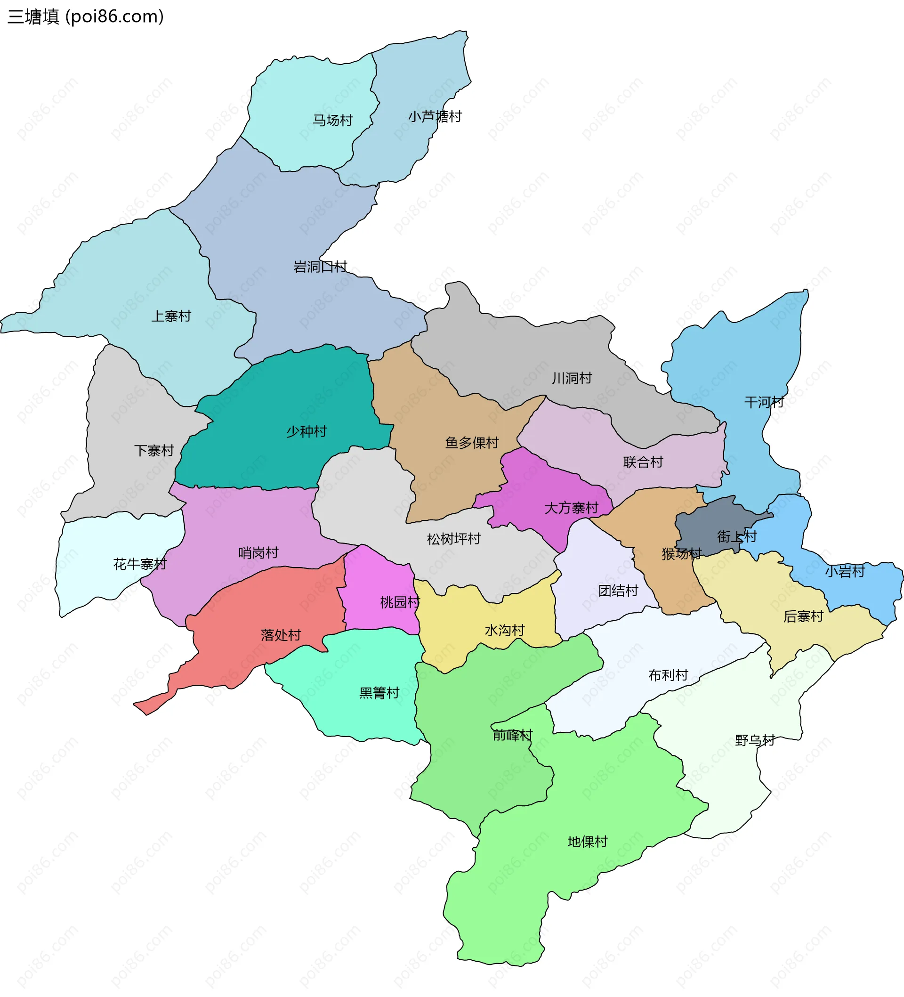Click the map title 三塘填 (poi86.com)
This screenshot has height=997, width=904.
point(86,17)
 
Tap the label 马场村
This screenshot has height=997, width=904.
point(332,120)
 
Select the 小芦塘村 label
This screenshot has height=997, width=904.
point(435,117)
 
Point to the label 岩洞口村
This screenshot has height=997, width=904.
point(320,267)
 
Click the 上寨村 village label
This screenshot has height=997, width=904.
point(171,316)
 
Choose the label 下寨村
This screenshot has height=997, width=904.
point(154,451)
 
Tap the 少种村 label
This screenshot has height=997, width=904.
point(307,432)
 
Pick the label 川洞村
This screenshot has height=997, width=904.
point(572,378)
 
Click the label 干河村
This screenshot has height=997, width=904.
point(764,402)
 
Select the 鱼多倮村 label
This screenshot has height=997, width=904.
point(472,443)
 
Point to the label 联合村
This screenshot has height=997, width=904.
point(643,462)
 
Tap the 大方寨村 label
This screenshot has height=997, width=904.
point(571,508)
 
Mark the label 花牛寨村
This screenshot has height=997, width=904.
point(140,564)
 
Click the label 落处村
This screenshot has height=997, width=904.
point(281,635)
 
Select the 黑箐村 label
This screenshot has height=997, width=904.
point(379,693)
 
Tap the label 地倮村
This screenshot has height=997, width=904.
point(587,842)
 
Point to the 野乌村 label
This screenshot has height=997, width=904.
point(755,740)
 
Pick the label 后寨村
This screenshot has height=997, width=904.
point(803,616)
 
